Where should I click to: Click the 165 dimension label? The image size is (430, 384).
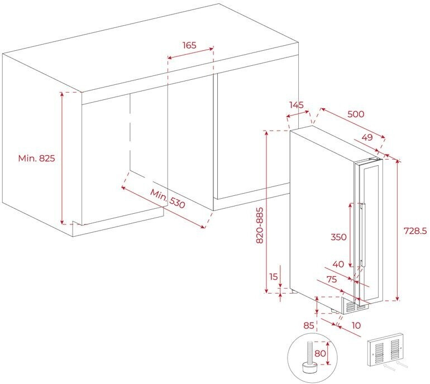pyautogui.click(x=190, y=46)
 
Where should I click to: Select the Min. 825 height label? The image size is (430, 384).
pyautogui.click(x=37, y=159)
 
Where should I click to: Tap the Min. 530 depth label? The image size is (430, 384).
pyautogui.click(x=167, y=199)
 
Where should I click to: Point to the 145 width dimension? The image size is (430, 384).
pyautogui.click(x=296, y=105)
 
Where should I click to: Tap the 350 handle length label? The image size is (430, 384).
pyautogui.click(x=338, y=237)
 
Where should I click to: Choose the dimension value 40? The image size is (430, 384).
pyautogui.click(x=338, y=264)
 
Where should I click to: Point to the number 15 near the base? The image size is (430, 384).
pyautogui.click(x=273, y=277)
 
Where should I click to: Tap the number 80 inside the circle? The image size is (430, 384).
pyautogui.click(x=320, y=353)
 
